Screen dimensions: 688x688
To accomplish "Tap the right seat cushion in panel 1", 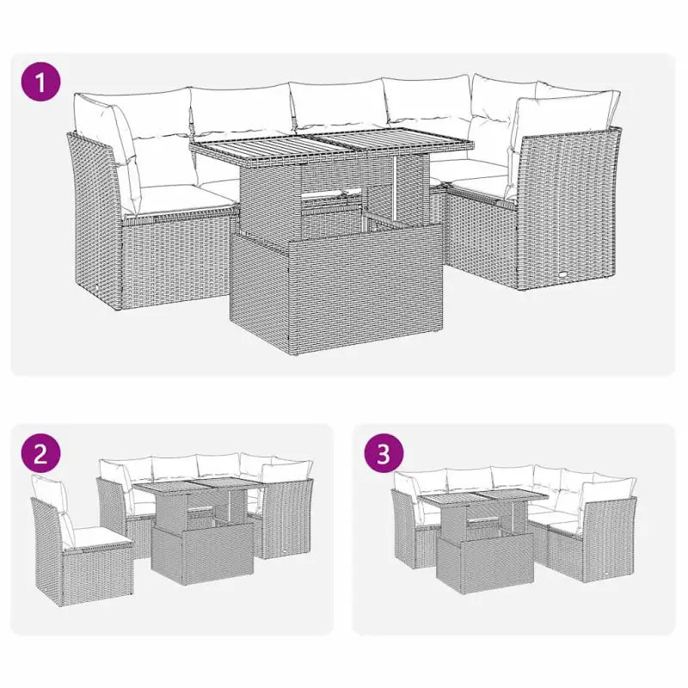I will tap(482, 182).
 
